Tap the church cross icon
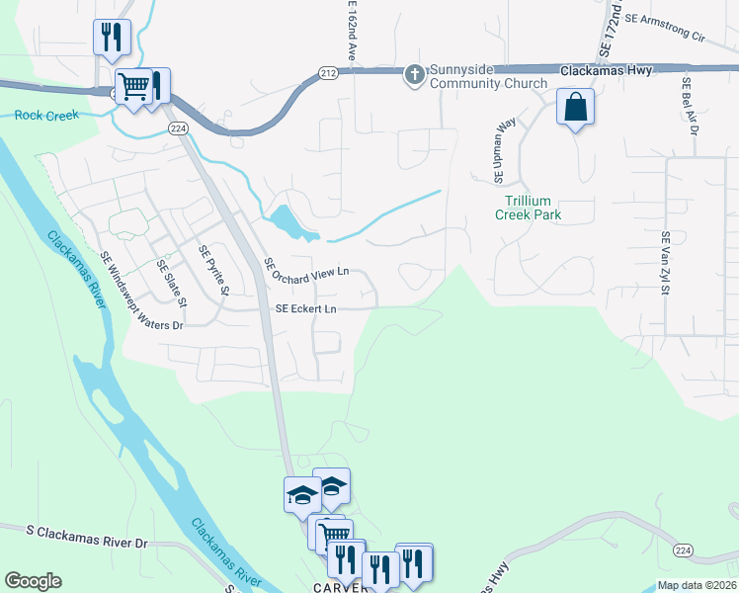pyautogui.click(x=416, y=72)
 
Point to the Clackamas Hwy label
pyautogui.click(x=602, y=71)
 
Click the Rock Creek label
pyautogui.click(x=46, y=116)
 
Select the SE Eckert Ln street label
pyautogui.click(x=306, y=308)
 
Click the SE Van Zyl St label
pyautogui.click(x=666, y=264)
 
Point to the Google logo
pyautogui.click(x=33, y=581)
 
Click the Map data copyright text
pyautogui.click(x=697, y=585)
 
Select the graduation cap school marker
pyautogui.click(x=302, y=494)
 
